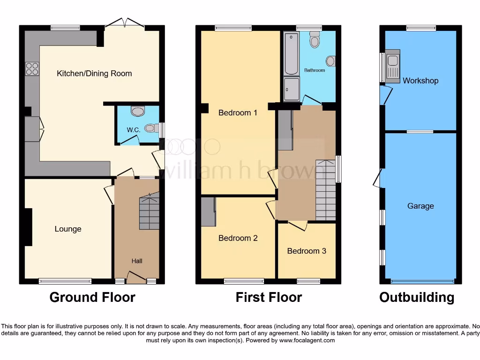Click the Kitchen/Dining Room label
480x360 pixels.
pyautogui.click(x=94, y=74)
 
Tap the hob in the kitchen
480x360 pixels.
pyautogui.click(x=32, y=69)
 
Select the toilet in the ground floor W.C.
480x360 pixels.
pyautogui.click(x=138, y=112)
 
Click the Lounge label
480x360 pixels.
pyautogui.click(x=68, y=229)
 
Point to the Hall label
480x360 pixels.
pyautogui.click(x=137, y=261)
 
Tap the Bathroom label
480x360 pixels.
pyautogui.click(x=314, y=70)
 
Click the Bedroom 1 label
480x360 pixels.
pyautogui.click(x=238, y=112)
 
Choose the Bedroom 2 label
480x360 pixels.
pyautogui.click(x=238, y=238)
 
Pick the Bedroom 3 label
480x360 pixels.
pyautogui.click(x=307, y=251)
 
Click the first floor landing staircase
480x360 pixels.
pyautogui.click(x=325, y=190)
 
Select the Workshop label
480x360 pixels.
pyautogui.click(x=420, y=81)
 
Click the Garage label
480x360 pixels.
pyautogui.click(x=420, y=206)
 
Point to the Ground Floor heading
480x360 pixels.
pyautogui.click(x=92, y=297)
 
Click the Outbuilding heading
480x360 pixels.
pyautogui.click(x=417, y=297)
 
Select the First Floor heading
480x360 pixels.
pyautogui.click(x=269, y=297)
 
